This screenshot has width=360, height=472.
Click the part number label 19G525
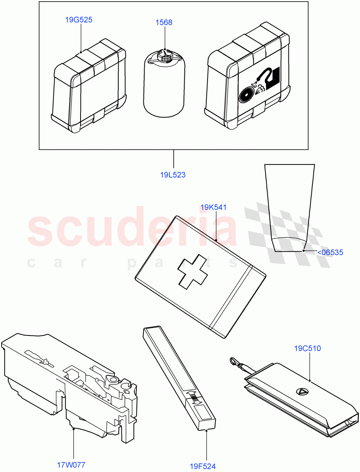coord(79,19)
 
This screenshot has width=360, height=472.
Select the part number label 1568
coord(164,22)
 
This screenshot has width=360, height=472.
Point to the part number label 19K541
coord(213,207)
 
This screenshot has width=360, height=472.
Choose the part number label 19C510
coord(307,348)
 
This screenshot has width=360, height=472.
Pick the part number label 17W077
coord(72,465)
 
